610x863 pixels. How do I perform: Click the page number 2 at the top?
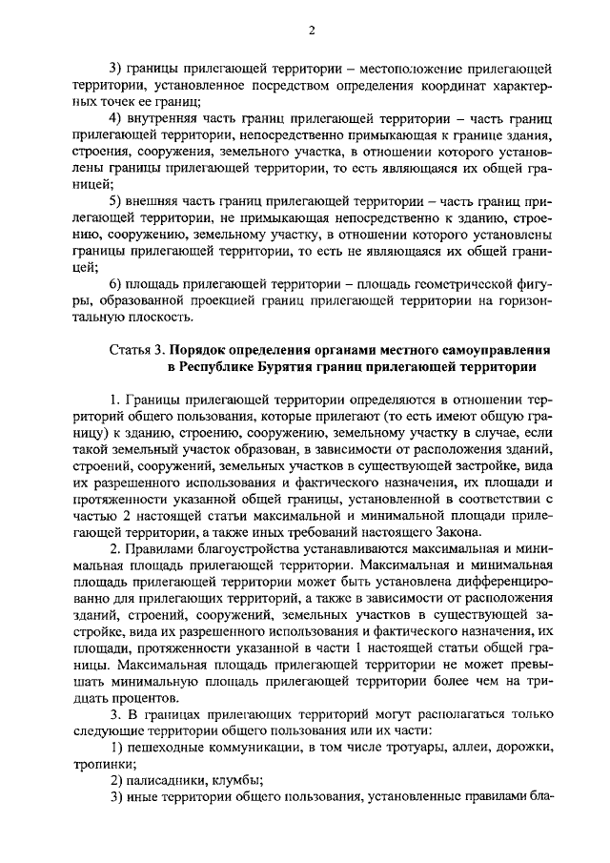tap(312, 31)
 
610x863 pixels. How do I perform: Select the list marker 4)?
tap(117, 117)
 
